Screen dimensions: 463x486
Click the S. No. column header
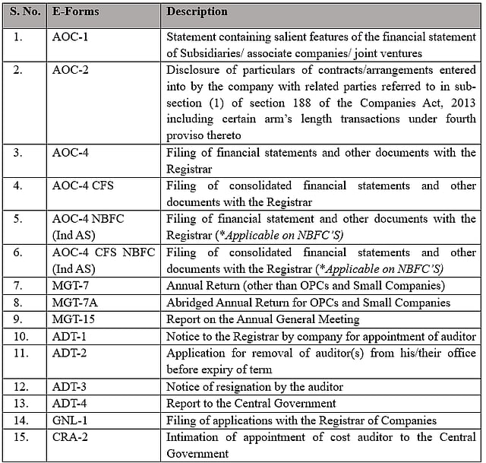[x=25, y=12]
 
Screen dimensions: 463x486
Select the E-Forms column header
[x=76, y=12]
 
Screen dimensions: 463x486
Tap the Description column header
[x=197, y=12]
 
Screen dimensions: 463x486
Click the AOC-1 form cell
[x=71, y=36]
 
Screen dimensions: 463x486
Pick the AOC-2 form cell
[x=71, y=69]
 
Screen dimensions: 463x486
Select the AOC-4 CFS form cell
[x=83, y=186]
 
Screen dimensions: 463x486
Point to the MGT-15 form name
[x=73, y=319]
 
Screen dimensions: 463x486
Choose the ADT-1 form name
[x=71, y=336]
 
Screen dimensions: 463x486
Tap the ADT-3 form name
[x=71, y=386]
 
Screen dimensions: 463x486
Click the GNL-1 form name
[x=71, y=420]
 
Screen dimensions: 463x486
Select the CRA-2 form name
[x=71, y=436]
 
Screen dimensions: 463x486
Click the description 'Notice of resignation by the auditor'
[x=254, y=386]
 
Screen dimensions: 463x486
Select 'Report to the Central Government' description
[x=251, y=403]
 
